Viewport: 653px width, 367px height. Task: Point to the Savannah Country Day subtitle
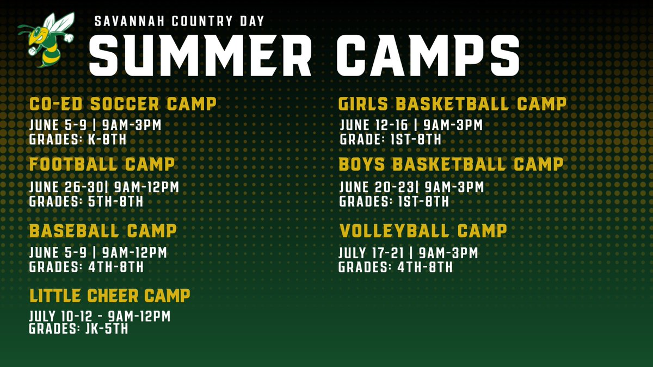click(x=179, y=21)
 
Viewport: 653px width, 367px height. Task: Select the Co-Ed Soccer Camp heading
click(x=122, y=103)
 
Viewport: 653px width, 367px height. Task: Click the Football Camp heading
click(x=102, y=164)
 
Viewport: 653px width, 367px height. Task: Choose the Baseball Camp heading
click(x=103, y=231)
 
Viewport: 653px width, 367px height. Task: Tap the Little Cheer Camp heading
click(x=109, y=295)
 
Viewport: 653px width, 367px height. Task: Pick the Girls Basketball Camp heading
click(x=452, y=103)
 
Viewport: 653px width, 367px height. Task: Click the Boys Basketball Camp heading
click(x=451, y=164)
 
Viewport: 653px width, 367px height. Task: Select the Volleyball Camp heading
click(x=423, y=231)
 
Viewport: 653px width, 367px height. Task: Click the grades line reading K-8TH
click(x=78, y=140)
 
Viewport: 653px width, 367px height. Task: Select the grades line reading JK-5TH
click(x=78, y=328)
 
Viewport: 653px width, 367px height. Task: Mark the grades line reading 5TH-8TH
click(x=86, y=201)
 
